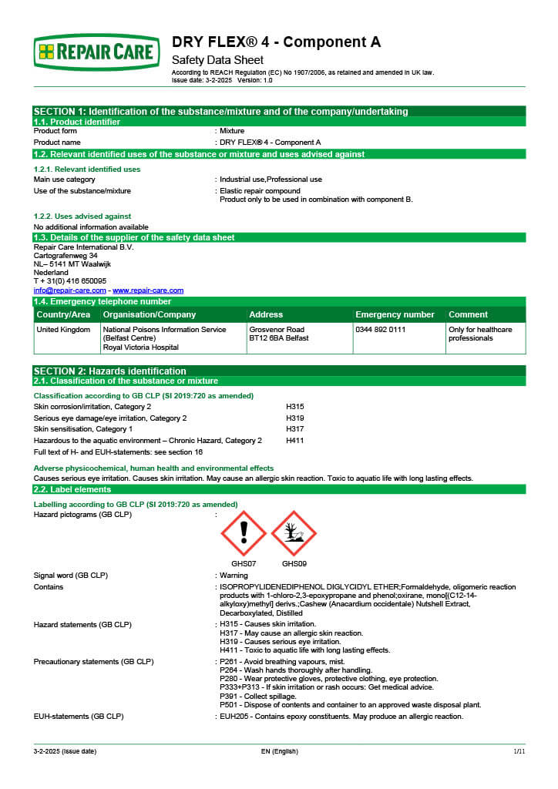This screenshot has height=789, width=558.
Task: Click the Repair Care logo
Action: click(x=96, y=52)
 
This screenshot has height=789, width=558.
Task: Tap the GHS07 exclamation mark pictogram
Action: click(x=244, y=533)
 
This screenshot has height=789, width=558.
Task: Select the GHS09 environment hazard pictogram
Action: click(x=294, y=533)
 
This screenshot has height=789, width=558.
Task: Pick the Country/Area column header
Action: click(x=64, y=314)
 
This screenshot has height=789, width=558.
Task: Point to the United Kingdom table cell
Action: click(x=64, y=329)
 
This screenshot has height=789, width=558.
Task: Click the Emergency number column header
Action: click(x=395, y=314)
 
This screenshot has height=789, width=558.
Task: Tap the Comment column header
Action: click(x=468, y=314)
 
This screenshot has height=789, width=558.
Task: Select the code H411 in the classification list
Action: click(x=295, y=441)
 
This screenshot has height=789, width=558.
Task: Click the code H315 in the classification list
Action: click(x=295, y=406)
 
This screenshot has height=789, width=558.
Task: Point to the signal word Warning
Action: click(x=234, y=576)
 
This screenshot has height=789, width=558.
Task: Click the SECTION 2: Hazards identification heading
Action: click(x=110, y=371)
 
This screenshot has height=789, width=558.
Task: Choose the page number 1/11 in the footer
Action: click(x=519, y=750)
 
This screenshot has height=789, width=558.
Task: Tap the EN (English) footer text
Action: click(x=279, y=750)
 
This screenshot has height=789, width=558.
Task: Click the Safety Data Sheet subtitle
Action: click(x=217, y=60)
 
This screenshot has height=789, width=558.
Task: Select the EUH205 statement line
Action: click(x=341, y=717)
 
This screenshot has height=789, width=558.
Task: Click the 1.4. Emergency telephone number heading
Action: click(x=103, y=302)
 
